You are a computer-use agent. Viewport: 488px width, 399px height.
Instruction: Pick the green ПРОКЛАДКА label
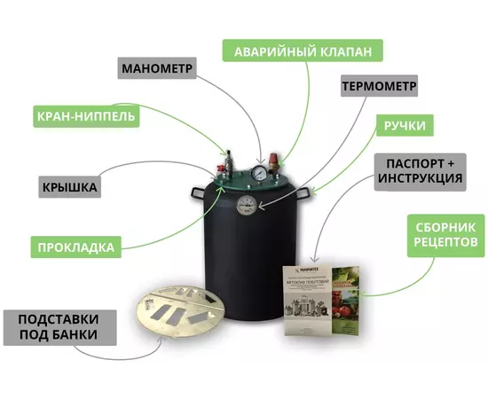75,246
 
